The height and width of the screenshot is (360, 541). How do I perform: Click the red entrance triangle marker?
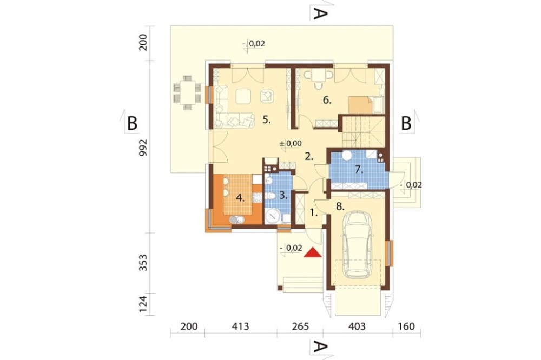(313, 253)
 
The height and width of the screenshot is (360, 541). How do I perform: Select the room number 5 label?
(266, 120)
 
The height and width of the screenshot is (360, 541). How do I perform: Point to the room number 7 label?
(359, 169)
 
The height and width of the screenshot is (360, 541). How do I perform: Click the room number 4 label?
(240, 198)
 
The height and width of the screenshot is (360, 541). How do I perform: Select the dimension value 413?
(240, 326)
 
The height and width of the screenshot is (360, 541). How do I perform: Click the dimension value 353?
(143, 262)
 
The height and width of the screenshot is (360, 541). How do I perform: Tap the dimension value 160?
(406, 326)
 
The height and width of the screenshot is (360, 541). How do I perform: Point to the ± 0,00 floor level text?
(291, 143)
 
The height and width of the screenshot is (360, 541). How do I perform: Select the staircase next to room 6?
(364, 131)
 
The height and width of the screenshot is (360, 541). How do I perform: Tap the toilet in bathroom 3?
(271, 196)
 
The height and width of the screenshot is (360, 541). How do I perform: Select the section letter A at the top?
(320, 14)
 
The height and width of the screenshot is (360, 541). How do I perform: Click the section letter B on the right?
(406, 123)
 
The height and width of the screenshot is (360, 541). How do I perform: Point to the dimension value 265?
(300, 326)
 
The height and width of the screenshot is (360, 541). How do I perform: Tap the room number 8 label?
(340, 206)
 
